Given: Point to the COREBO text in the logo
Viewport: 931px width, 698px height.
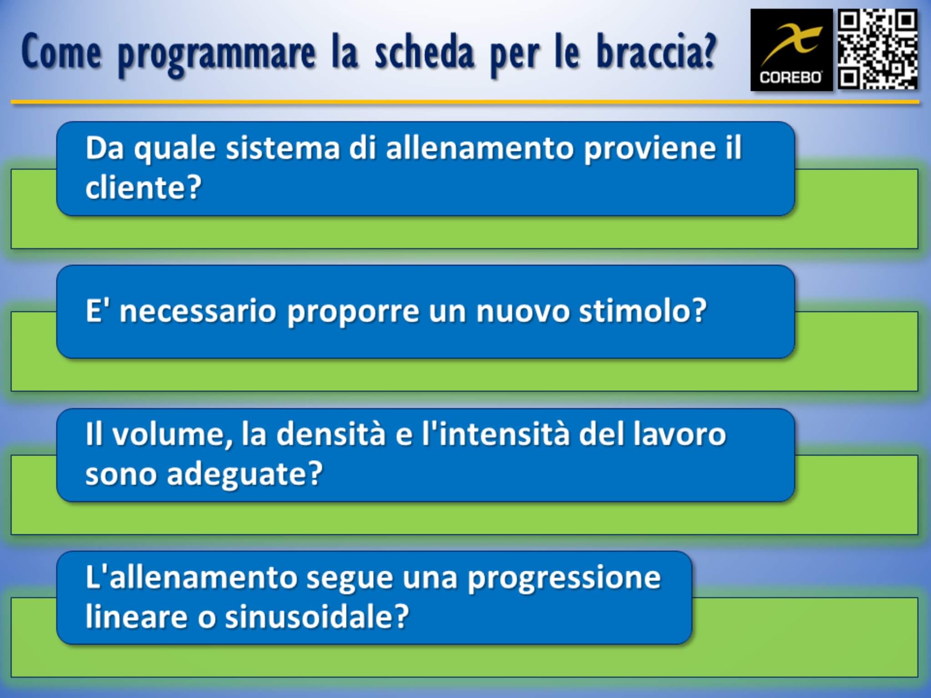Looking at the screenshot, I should click(791, 78).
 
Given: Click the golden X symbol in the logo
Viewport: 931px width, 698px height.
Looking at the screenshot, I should click(791, 44).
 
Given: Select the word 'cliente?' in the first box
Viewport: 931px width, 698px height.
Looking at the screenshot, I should click(143, 187).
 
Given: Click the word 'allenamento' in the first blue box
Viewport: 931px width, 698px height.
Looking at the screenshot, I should click(480, 148).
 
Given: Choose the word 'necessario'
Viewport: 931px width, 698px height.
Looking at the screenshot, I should click(198, 312).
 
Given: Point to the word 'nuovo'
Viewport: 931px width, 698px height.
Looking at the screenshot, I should click(522, 312).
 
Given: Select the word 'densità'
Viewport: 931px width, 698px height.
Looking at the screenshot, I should click(330, 434).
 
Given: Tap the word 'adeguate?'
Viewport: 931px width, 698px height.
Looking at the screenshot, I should click(245, 474).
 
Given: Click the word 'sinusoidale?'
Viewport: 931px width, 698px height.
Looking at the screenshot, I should click(317, 617).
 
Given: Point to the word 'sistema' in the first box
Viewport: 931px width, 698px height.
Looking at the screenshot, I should click(283, 148).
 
